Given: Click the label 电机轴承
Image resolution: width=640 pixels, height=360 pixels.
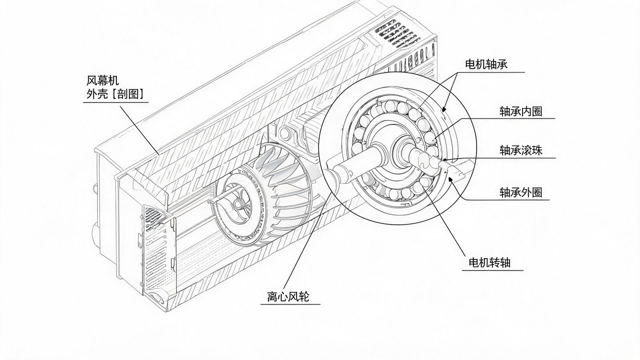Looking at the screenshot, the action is [486, 64].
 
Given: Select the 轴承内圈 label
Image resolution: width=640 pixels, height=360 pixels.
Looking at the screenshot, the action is [520, 111].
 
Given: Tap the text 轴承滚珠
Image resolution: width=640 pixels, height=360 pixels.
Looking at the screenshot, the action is [520, 150].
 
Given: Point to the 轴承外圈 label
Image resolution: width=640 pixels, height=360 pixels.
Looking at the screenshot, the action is [520, 192].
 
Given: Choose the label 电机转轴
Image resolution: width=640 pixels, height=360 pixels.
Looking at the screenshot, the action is [489, 262].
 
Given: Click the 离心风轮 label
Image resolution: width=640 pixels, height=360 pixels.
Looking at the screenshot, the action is [288, 296].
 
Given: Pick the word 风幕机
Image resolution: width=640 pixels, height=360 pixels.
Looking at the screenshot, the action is [102, 80].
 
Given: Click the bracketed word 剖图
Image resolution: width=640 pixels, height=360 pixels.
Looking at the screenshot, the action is [127, 94].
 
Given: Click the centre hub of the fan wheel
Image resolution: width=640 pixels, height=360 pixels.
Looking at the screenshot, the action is [237, 204].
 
